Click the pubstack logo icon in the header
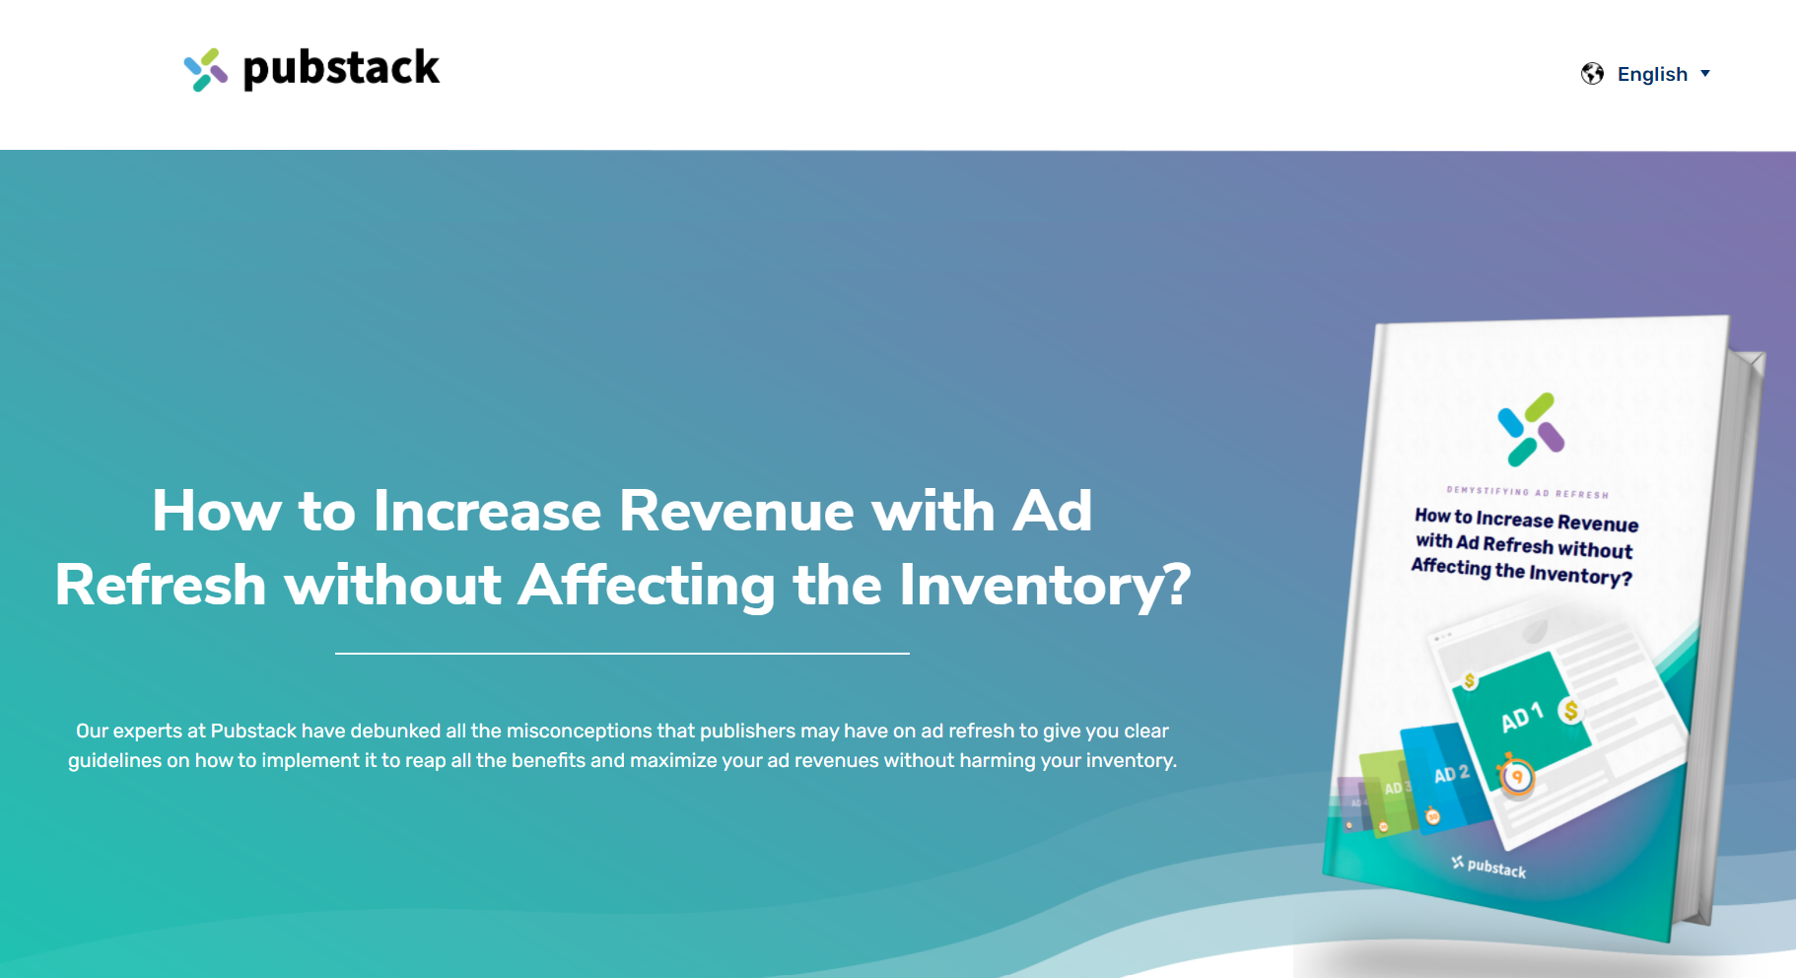(x=205, y=70)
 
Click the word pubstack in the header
(x=341, y=68)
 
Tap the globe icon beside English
(x=1592, y=74)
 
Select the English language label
(x=1652, y=74)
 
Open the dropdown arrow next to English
(x=1705, y=74)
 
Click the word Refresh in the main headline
(x=161, y=585)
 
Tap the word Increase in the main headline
(x=487, y=511)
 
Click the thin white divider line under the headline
(x=622, y=653)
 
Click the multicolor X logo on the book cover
(x=1530, y=429)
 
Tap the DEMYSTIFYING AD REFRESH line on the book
(x=1527, y=492)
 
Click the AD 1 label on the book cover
(x=1521, y=717)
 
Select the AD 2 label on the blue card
(x=1451, y=774)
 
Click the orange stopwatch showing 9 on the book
(x=1517, y=777)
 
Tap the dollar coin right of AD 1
(x=1570, y=710)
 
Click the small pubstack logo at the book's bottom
(x=1489, y=867)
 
